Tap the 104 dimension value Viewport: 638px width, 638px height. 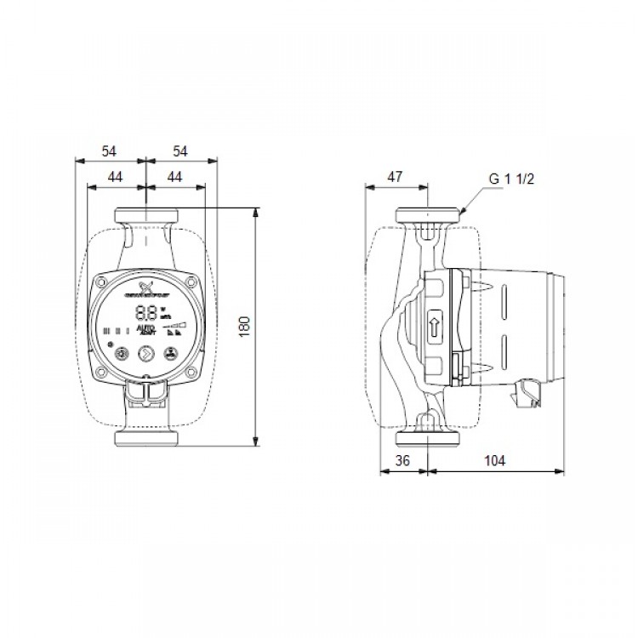click(494, 460)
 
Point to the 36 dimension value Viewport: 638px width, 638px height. click(404, 460)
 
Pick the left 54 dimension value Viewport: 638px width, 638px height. click(109, 151)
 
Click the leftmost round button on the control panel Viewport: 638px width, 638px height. click(122, 353)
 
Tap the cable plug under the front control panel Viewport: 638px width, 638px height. click(146, 393)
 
